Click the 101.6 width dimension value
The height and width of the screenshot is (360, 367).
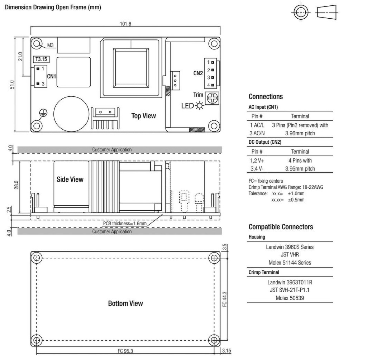[125, 24]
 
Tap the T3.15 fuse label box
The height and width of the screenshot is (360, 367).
[41, 59]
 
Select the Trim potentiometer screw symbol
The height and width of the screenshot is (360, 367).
[212, 98]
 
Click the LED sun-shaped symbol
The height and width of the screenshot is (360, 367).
[199, 106]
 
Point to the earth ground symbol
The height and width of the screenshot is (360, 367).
[43, 113]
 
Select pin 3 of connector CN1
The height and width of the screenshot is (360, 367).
[38, 83]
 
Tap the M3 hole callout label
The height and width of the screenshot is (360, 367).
[50, 45]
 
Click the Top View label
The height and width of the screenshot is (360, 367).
[143, 116]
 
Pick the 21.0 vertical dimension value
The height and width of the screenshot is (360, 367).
[20, 57]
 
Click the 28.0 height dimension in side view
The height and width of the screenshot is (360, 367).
[16, 185]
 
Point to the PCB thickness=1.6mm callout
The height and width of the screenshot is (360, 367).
[125, 224]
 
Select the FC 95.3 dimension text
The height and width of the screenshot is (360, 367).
[125, 351]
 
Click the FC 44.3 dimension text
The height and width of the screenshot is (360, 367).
[224, 299]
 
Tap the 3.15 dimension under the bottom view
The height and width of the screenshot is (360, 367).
[227, 351]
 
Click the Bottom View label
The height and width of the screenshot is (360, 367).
[125, 303]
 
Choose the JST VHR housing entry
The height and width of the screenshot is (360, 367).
[290, 254]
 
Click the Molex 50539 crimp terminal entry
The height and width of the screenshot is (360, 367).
[290, 298]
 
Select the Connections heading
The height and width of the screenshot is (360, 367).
[266, 97]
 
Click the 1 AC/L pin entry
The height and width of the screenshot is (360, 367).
[257, 125]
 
